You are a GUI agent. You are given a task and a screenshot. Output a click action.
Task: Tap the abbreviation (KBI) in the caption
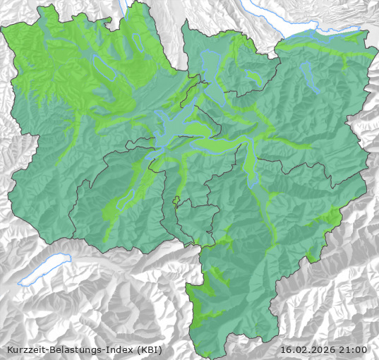click(x=153, y=349)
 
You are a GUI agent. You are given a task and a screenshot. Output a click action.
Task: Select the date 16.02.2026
click(x=308, y=349)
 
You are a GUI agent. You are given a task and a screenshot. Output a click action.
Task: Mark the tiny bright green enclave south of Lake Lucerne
click(x=176, y=200)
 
